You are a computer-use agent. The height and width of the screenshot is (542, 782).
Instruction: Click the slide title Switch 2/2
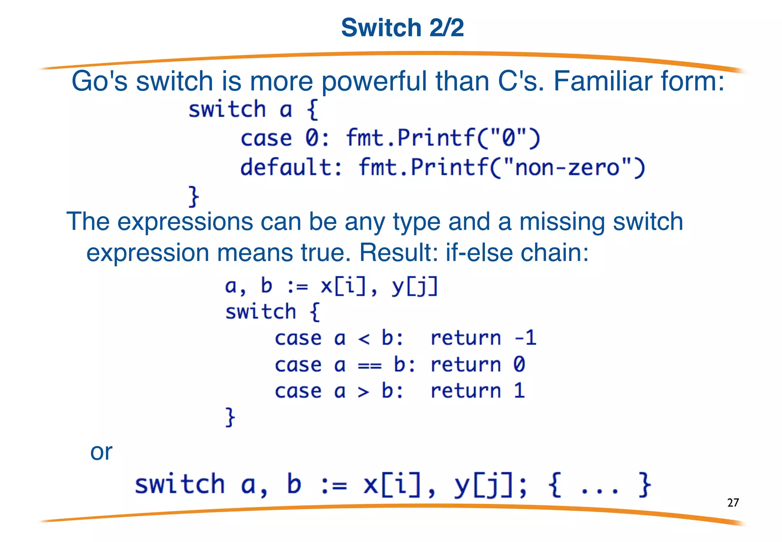[x=402, y=28]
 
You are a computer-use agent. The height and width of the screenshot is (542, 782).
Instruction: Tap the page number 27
[x=733, y=502]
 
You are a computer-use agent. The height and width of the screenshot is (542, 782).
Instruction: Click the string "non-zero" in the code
[x=567, y=167]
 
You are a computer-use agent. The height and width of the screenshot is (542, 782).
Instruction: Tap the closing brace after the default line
[x=194, y=196]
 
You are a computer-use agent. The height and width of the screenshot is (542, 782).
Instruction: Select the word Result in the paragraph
[x=398, y=253]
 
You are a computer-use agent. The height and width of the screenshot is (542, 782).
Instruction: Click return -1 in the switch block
[x=483, y=338]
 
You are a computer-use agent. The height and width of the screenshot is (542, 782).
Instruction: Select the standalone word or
[x=101, y=452]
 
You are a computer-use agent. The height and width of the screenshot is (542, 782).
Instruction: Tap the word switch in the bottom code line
[x=180, y=484]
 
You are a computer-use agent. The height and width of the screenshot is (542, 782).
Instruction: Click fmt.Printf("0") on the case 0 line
[x=443, y=138]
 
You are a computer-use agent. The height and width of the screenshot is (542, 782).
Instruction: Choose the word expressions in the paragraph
[x=185, y=222]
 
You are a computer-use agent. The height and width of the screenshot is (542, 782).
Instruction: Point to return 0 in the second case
[x=478, y=365]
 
